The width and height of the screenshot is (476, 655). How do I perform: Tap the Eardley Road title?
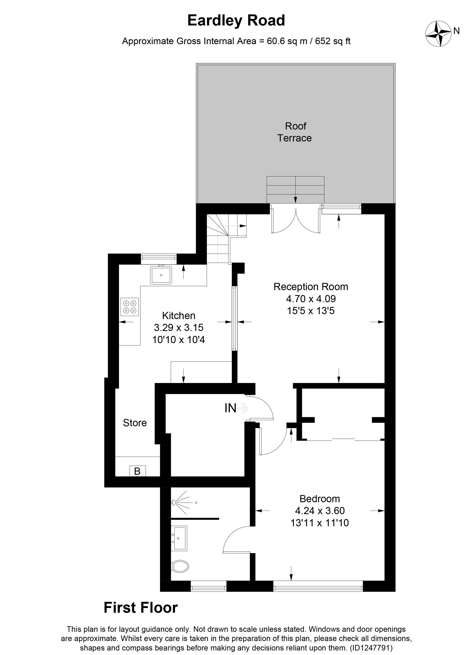point(236,21)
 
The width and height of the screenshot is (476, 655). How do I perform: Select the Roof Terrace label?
point(294,132)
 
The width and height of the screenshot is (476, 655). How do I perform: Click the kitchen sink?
point(161,275)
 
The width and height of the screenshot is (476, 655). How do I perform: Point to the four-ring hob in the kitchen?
point(130,307)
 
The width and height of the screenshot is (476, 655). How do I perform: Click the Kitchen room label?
point(179,315)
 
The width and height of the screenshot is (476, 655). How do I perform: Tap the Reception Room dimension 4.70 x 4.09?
point(311,299)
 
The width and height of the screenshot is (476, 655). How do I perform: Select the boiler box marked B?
point(137,471)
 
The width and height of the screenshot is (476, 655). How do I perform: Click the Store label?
point(135,423)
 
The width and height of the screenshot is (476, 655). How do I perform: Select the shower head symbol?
point(174,503)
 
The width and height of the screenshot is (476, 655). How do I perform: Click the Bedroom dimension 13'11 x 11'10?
point(319,523)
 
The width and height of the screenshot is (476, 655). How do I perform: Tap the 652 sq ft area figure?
point(333,41)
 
